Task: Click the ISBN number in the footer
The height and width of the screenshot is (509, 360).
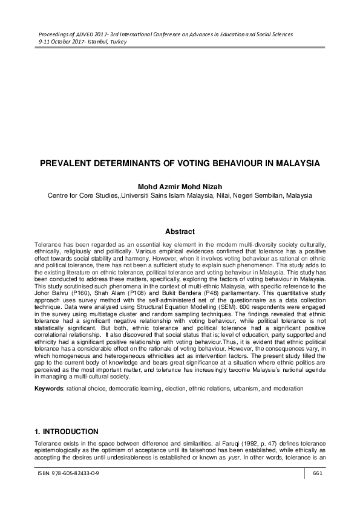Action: point(68,490)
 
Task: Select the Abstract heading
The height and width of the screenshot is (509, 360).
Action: point(180,232)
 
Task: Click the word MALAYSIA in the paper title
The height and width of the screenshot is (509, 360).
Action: point(295,163)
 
